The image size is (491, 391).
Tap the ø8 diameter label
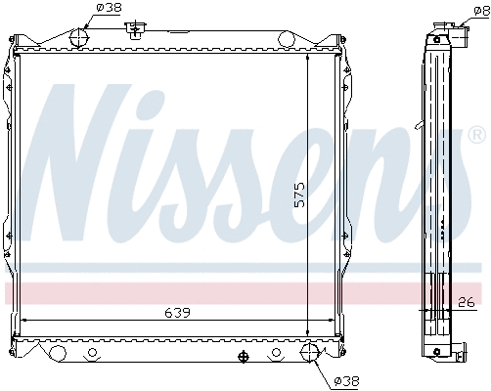(479, 9)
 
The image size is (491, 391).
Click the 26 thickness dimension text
(468, 301)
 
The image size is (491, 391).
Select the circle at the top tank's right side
(287, 39)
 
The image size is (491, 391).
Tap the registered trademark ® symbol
(475, 133)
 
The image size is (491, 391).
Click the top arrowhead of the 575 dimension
(309, 57)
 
